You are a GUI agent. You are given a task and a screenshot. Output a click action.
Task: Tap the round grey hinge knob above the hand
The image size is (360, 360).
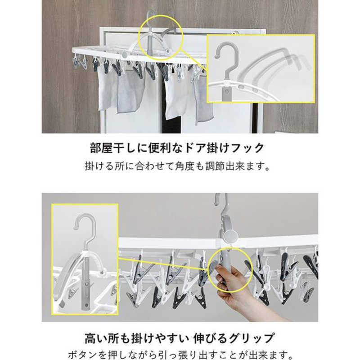(230, 236)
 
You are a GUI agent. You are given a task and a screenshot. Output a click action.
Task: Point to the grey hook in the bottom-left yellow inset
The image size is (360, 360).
(84, 229)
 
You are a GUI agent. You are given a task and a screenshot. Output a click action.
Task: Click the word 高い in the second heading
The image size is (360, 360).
(96, 338)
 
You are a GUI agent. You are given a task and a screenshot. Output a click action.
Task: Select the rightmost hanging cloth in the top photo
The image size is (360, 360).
(204, 101)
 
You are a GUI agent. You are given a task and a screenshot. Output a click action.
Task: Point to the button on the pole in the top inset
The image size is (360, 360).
(227, 92)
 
